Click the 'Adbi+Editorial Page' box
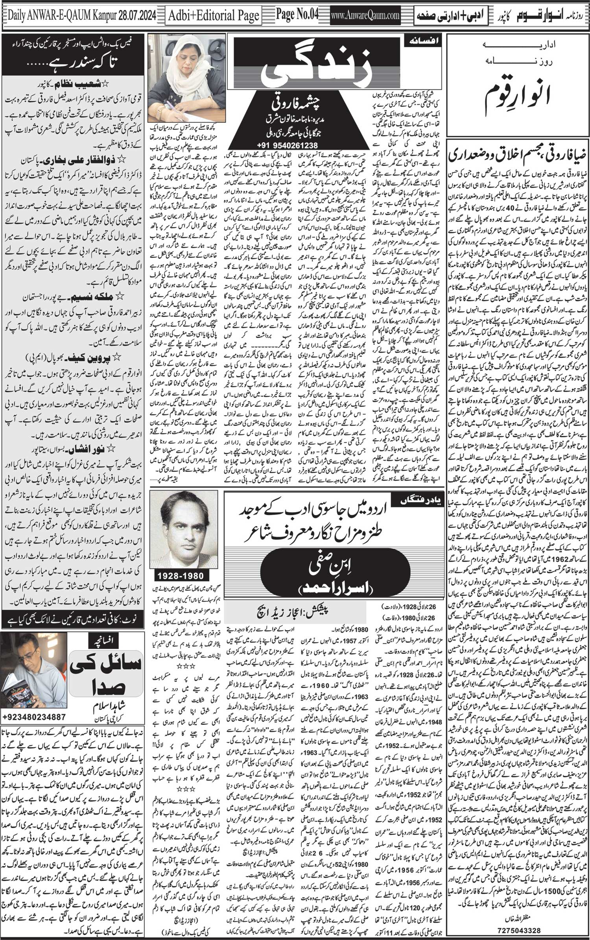(214, 16)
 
